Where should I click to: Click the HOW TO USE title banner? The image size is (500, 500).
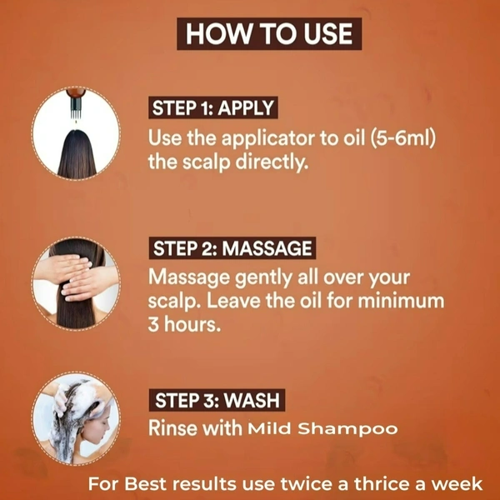tap(269, 33)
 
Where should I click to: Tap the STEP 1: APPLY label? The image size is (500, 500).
tap(213, 107)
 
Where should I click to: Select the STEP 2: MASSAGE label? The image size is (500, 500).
tap(232, 248)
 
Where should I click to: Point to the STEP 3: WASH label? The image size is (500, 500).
tap(217, 400)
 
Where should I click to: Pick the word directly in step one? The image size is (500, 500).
tap(272, 162)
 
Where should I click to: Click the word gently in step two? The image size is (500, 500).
tap(263, 278)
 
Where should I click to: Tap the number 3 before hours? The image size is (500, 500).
tap(153, 324)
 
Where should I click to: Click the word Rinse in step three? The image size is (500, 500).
tap(172, 427)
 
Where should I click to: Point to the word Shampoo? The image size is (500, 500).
tap(347, 429)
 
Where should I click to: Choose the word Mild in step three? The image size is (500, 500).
tap(269, 428)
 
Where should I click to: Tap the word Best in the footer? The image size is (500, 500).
tap(145, 483)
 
